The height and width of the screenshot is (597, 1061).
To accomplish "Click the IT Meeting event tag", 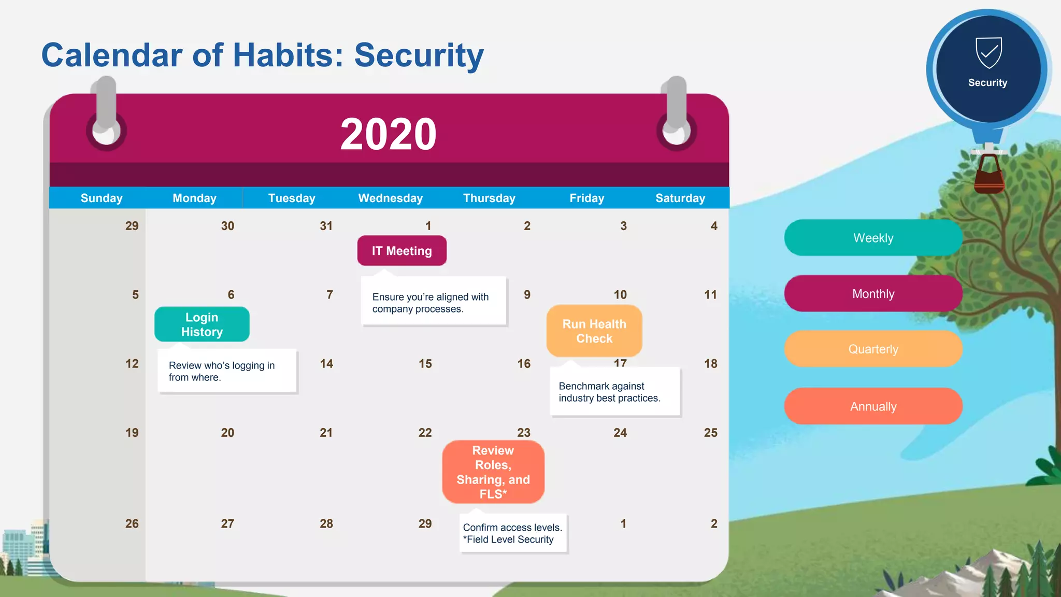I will tap(402, 251).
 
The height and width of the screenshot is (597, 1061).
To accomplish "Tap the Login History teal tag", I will tap(202, 324).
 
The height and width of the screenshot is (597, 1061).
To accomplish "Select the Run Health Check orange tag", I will tap(594, 331).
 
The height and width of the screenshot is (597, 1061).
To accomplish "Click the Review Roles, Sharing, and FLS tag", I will tap(493, 472).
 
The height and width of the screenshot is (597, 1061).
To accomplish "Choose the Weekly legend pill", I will tap(873, 238).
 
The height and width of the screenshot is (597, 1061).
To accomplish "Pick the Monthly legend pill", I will tap(873, 294).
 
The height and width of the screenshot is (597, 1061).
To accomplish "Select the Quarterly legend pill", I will tap(873, 349).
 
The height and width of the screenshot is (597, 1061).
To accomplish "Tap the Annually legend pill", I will tap(873, 406).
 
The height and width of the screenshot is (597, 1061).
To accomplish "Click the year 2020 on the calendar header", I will tap(388, 134).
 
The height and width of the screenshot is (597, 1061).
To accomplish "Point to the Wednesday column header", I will tap(390, 198).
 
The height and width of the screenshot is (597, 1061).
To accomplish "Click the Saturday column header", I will tap(680, 198).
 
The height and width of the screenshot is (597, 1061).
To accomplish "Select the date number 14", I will tap(326, 364).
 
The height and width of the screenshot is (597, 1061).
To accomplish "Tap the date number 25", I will tap(710, 433).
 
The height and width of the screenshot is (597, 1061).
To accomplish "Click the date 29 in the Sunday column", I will tap(132, 226).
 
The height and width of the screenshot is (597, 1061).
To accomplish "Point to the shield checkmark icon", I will tap(988, 52).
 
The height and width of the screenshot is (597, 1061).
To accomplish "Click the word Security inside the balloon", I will tap(987, 83).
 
